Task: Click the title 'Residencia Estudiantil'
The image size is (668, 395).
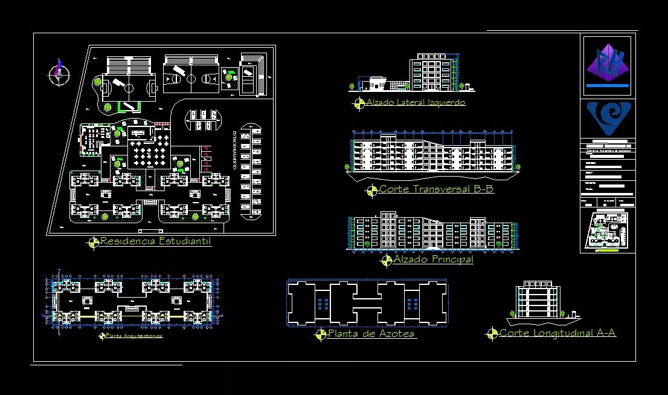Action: (155, 242)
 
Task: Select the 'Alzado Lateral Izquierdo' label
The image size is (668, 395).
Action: (416, 103)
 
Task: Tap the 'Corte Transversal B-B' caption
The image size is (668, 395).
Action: (436, 189)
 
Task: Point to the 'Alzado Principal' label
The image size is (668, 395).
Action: (433, 260)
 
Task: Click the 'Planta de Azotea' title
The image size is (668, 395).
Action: (371, 334)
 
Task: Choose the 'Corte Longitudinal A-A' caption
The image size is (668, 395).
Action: (557, 333)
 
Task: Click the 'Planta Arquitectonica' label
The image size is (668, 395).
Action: (133, 335)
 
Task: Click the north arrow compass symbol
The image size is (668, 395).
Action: (59, 74)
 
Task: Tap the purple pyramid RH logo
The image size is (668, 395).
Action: (608, 65)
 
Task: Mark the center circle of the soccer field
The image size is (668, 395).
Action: (129, 87)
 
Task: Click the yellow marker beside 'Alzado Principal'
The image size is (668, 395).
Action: (387, 261)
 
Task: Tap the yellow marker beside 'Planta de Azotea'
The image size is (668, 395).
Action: (321, 335)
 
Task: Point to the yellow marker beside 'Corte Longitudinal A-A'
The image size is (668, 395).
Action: (492, 333)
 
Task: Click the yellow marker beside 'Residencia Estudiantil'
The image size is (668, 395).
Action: (94, 243)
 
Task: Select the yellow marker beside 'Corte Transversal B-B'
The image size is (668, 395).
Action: (372, 191)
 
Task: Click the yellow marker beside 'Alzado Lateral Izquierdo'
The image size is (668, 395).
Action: (359, 103)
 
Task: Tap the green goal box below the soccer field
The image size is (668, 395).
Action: (128, 106)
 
